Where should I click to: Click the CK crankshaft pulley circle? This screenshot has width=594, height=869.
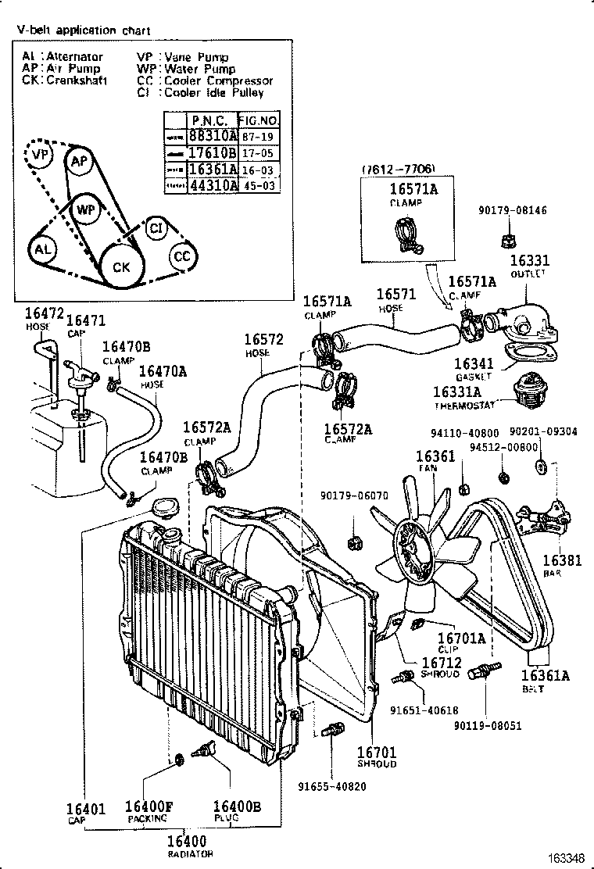121,266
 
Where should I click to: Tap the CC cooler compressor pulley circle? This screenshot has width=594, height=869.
181,256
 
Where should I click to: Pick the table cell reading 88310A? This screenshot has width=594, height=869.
209,135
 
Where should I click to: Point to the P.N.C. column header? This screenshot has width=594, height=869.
209,120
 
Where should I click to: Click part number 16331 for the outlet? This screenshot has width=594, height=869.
529,262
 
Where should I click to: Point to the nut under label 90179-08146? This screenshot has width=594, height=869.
506,233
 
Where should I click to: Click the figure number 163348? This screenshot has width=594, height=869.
564,859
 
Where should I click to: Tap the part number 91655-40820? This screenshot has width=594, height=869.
331,786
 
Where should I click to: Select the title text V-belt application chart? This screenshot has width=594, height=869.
84,30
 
